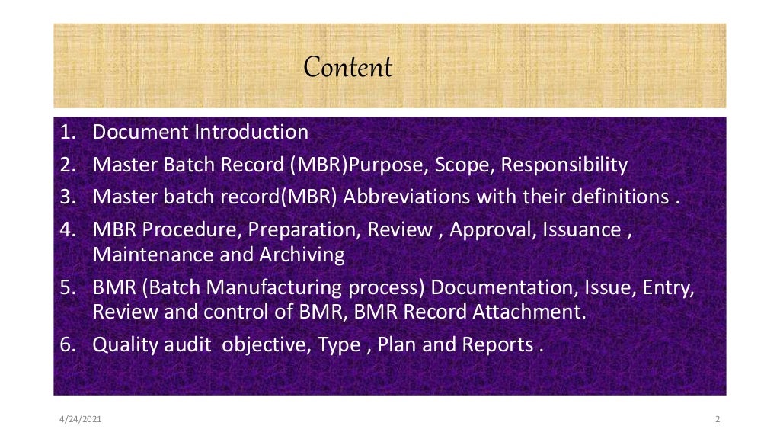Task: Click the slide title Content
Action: [x=348, y=68]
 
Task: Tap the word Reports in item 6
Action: [x=497, y=345]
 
